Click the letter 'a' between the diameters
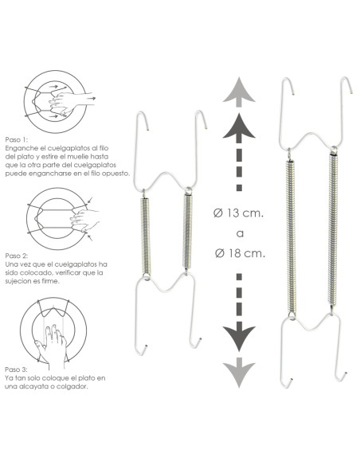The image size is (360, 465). [240, 233]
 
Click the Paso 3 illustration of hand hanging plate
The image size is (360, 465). [50, 329]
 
